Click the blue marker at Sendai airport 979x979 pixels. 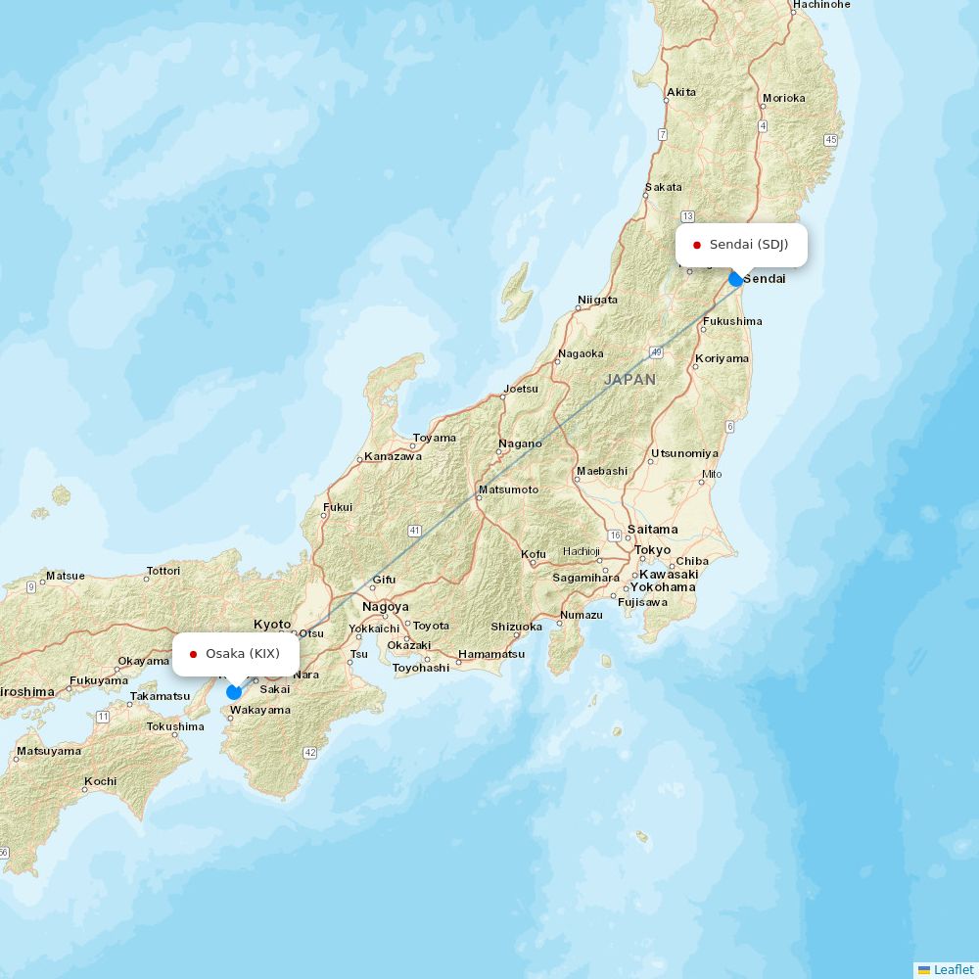click(736, 279)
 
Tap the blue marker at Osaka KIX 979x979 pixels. click(234, 692)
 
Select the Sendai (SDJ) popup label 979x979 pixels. click(741, 245)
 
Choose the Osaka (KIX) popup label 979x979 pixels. click(236, 654)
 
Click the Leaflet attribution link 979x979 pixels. click(953, 969)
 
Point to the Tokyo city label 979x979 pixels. click(652, 550)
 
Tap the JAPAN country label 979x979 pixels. click(629, 379)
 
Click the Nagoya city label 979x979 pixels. click(386, 607)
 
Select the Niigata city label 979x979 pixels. click(597, 300)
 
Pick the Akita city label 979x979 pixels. click(680, 93)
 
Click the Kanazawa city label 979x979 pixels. click(393, 456)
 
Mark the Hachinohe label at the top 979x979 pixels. click(821, 5)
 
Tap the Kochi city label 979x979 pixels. click(100, 781)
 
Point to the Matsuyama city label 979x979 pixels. click(48, 752)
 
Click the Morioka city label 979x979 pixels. click(783, 98)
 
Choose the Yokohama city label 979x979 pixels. click(663, 587)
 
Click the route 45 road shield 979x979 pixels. click(831, 140)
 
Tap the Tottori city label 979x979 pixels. click(163, 571)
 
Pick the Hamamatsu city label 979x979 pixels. click(491, 654)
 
